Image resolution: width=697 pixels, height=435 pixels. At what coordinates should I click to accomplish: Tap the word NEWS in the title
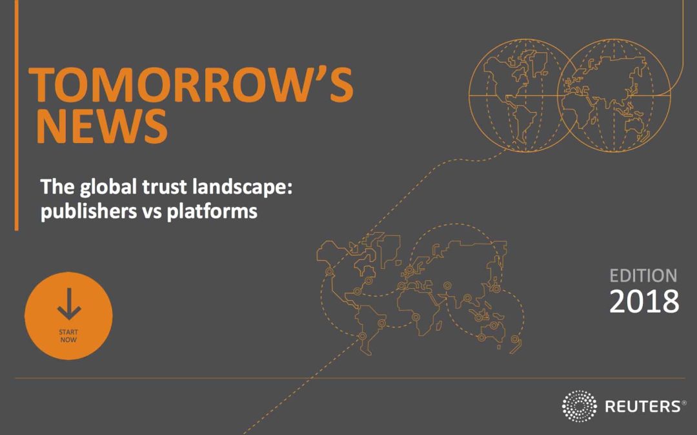coord(102,126)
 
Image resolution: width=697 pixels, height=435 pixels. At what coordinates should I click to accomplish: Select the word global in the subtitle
coord(108,188)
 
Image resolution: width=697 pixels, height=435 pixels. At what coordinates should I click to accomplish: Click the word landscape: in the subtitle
coord(242,188)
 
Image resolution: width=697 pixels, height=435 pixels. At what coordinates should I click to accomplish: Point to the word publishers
coord(88,211)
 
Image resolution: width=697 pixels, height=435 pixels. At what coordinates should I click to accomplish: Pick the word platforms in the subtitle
coord(212,211)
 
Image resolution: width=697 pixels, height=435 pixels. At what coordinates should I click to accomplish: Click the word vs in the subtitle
coord(152,213)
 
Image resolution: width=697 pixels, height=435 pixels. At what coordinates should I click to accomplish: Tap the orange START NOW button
coord(68,316)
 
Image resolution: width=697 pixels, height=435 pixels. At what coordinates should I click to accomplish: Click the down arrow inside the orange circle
coord(69,304)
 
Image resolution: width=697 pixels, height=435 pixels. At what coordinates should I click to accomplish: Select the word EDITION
coord(643,276)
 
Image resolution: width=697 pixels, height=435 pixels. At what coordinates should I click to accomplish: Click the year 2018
coord(644,302)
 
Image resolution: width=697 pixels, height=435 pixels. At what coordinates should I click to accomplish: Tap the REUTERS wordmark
coord(642,406)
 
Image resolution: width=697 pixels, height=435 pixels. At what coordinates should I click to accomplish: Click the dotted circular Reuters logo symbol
coord(579,406)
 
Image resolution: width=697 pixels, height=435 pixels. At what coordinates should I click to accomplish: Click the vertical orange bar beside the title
coord(16,115)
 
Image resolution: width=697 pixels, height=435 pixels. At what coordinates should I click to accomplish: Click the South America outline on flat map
coord(370,329)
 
